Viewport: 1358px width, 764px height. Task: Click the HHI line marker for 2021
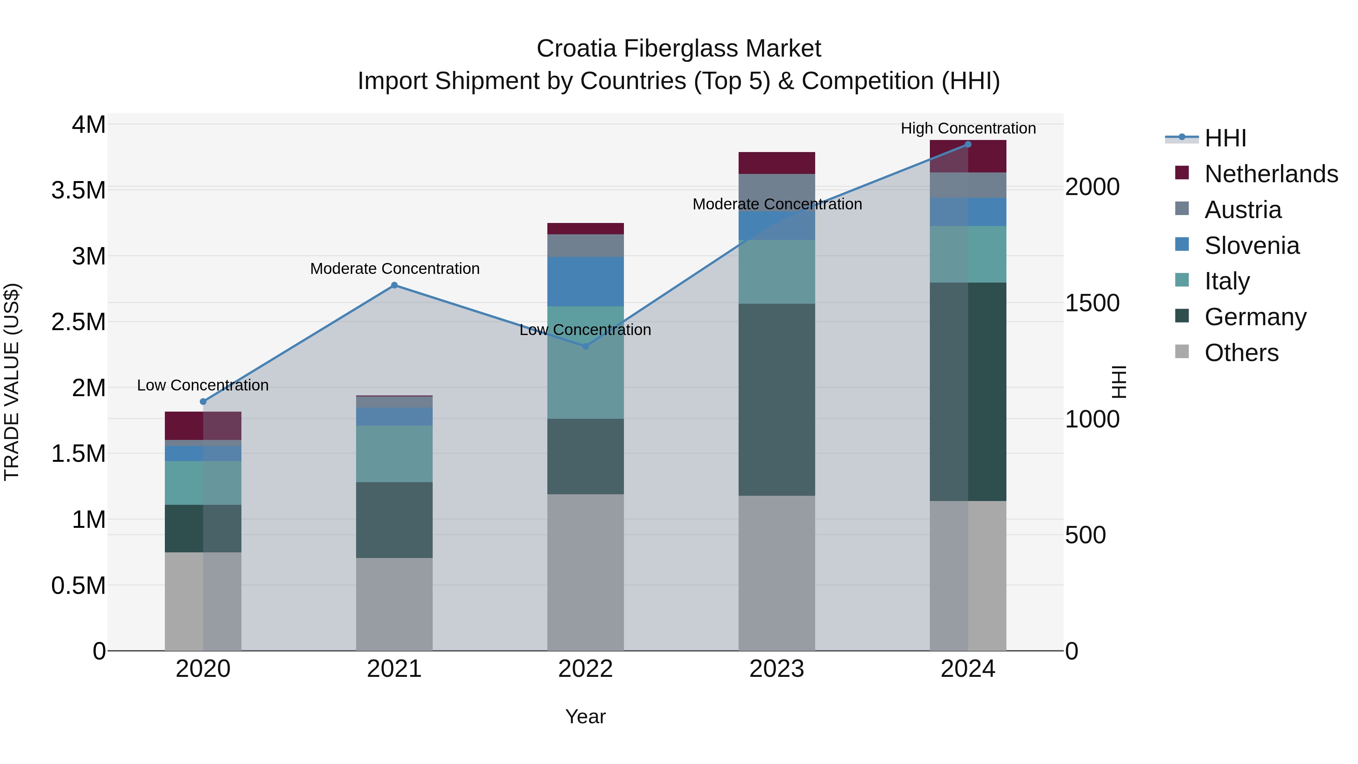(x=394, y=285)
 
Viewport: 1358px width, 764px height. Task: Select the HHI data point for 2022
(x=585, y=346)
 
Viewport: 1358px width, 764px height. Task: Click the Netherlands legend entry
(x=1270, y=174)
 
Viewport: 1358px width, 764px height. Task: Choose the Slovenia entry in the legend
(x=1252, y=246)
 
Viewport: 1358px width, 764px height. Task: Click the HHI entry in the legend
(x=1225, y=138)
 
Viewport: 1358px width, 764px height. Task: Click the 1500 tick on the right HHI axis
(x=1092, y=303)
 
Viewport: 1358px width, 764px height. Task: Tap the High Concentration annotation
(x=968, y=128)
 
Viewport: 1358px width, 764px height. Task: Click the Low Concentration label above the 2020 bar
(x=203, y=386)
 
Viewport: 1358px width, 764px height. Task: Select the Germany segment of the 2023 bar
(x=777, y=399)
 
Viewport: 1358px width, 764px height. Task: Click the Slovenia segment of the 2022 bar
(x=585, y=281)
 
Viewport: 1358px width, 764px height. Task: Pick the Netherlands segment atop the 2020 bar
(x=203, y=426)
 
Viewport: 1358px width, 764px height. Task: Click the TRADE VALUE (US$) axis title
(x=12, y=382)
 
